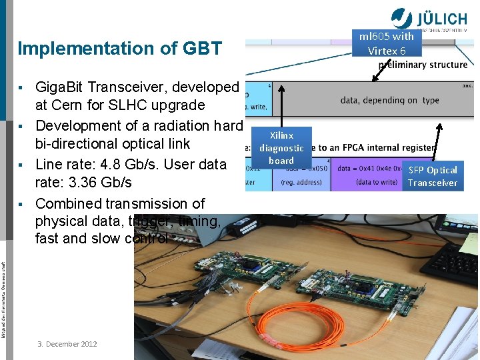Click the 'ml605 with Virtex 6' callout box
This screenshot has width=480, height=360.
(x=387, y=43)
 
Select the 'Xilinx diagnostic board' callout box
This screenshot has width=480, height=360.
(x=281, y=147)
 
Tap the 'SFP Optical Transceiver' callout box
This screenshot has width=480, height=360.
(x=433, y=176)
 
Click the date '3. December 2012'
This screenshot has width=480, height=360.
(x=67, y=344)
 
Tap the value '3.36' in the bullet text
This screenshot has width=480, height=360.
(x=83, y=182)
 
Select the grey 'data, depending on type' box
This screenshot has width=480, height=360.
(x=389, y=100)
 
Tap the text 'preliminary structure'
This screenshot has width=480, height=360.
(x=423, y=65)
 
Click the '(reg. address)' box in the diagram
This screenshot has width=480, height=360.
(x=301, y=182)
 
